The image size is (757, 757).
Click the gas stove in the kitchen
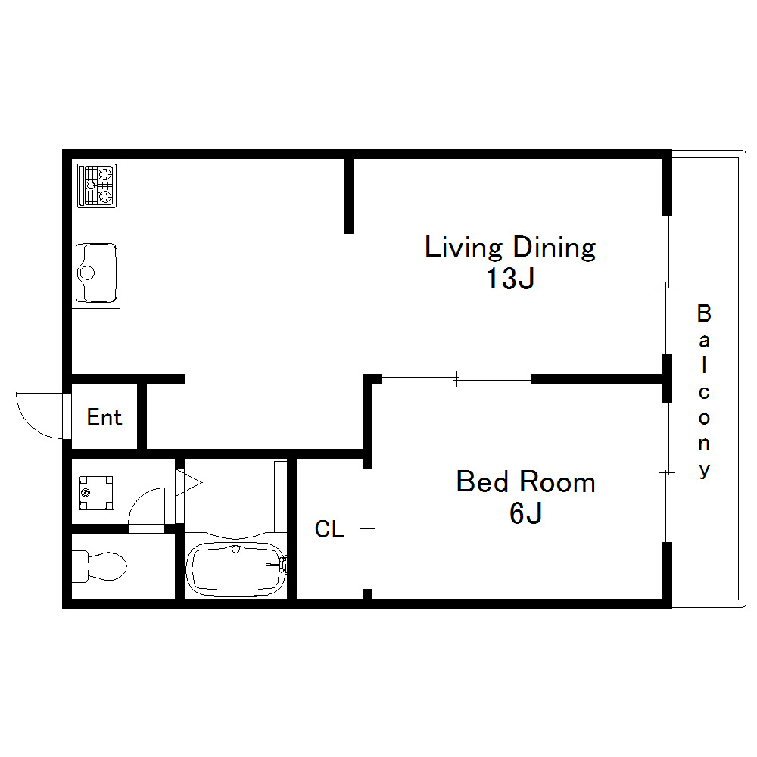pyautogui.click(x=97, y=186)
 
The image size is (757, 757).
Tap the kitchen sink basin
pyautogui.click(x=97, y=273)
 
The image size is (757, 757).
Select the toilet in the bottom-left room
pyautogui.click(x=99, y=565)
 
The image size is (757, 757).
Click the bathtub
pyautogui.click(x=236, y=569)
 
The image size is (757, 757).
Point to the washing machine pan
pyautogui.click(x=97, y=493)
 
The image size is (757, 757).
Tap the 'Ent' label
pyautogui.click(x=104, y=418)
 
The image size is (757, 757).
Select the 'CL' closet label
pyautogui.click(x=329, y=529)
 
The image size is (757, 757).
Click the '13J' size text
pyautogui.click(x=510, y=279)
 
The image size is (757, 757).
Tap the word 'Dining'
pyautogui.click(x=554, y=248)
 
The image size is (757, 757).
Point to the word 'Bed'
pyautogui.click(x=482, y=481)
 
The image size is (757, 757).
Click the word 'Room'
pyautogui.click(x=558, y=481)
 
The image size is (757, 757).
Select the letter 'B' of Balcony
pyautogui.click(x=704, y=314)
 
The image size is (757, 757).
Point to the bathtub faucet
pyautogui.click(x=282, y=563)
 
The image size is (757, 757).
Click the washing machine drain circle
pyautogui.click(x=86, y=493)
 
